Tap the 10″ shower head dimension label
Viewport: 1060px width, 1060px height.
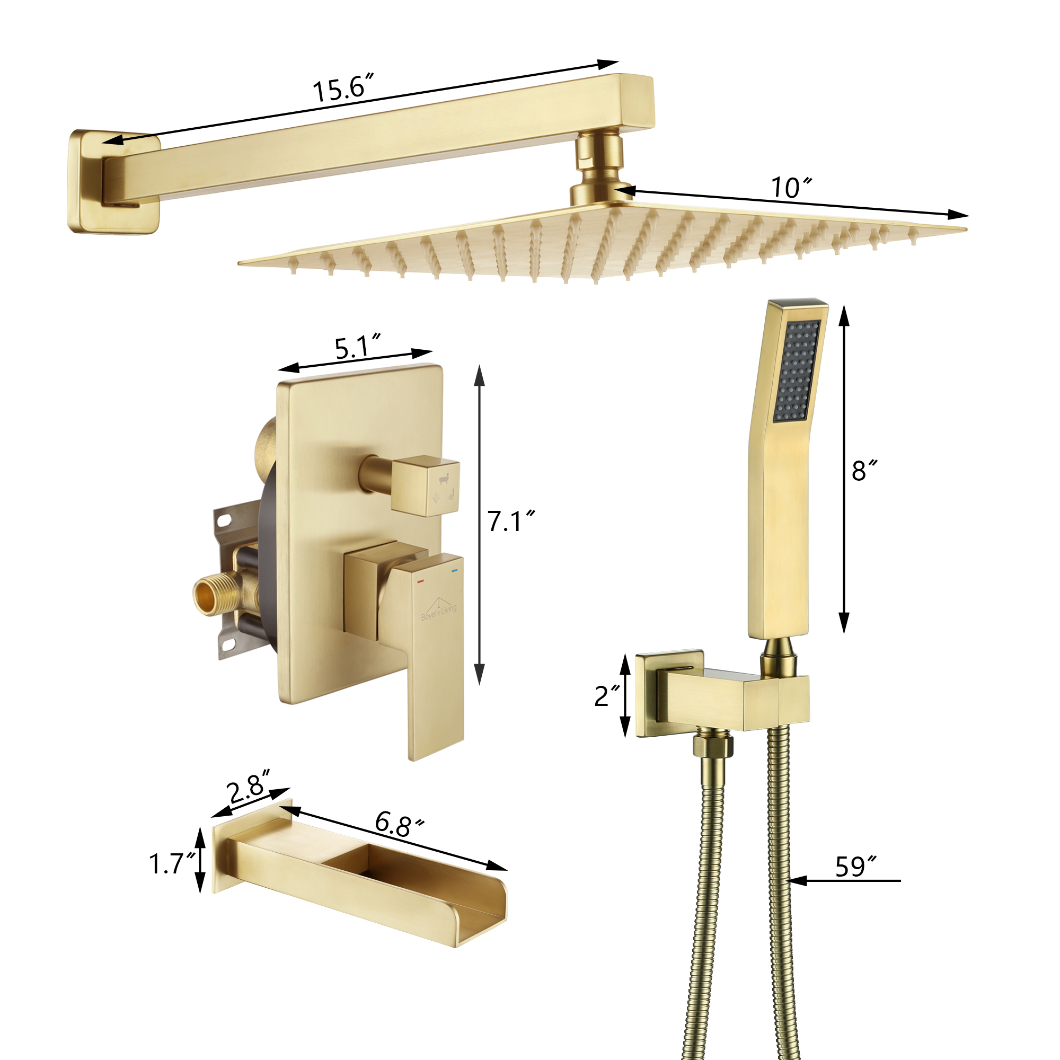[791, 188]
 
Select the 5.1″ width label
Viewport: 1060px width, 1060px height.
[357, 347]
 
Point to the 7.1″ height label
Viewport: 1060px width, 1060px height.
[511, 521]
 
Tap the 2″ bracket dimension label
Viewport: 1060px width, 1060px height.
[607, 696]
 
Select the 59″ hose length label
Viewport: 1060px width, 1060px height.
[855, 867]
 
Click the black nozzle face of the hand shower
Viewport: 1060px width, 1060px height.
[797, 371]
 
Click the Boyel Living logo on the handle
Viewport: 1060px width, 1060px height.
[438, 608]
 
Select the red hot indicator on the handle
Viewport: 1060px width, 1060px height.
[420, 580]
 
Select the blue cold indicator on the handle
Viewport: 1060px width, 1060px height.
[454, 571]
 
